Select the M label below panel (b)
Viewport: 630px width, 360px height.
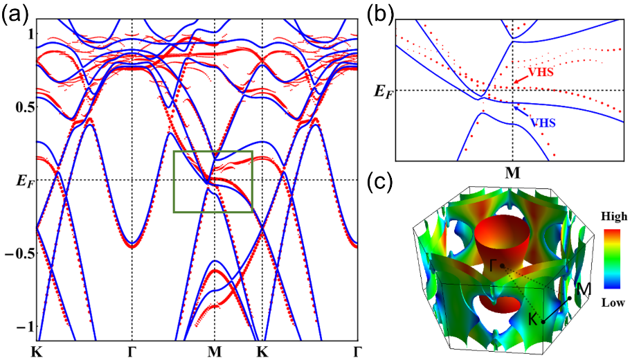coord(512,172)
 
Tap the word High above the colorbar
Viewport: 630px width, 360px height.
coord(613,217)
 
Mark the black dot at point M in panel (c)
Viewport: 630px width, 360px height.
coord(570,298)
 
